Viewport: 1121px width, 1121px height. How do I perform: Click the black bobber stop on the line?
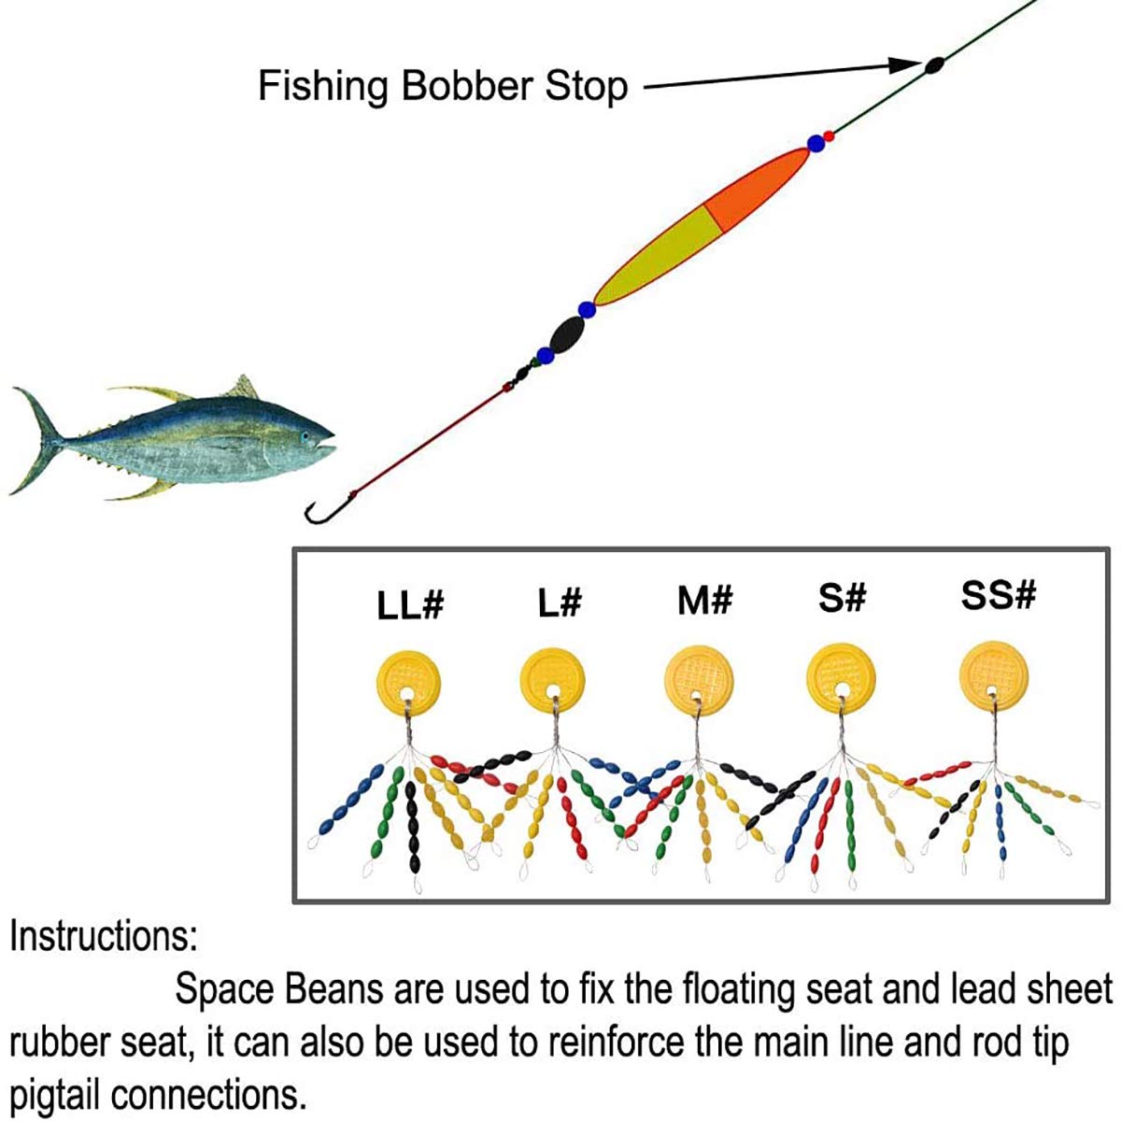(933, 65)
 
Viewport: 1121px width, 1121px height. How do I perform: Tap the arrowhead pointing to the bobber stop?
(905, 65)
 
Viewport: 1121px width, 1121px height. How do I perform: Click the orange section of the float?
(758, 188)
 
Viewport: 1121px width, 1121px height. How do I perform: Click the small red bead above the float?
(829, 136)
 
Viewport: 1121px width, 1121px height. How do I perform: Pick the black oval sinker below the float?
(567, 334)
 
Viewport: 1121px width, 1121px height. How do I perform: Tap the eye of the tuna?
(305, 436)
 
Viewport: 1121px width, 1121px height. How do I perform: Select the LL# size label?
(410, 605)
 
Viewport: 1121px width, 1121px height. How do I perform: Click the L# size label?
(559, 602)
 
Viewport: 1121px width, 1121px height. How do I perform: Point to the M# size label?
(704, 601)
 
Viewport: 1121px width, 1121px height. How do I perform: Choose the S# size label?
(842, 597)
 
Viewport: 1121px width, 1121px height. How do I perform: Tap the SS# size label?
(999, 594)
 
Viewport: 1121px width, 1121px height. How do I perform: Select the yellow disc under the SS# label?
(994, 675)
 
